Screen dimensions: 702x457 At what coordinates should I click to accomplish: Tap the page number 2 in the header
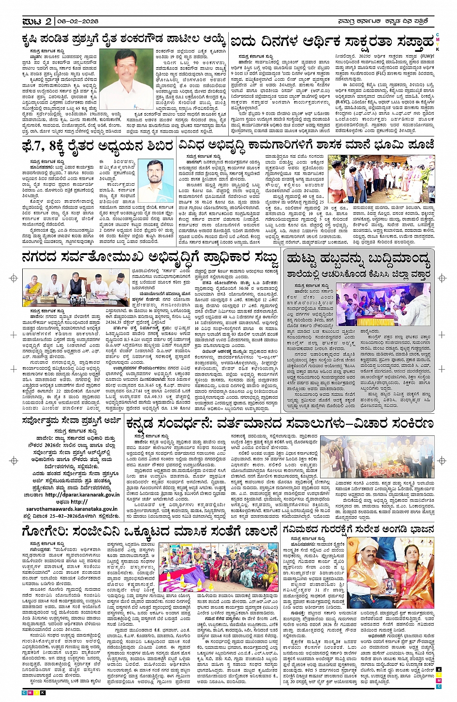tap(47, 21)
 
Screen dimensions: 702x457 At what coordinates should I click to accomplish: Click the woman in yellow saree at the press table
tap(36, 286)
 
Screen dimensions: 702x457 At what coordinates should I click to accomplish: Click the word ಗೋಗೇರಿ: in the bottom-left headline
tap(46, 531)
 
